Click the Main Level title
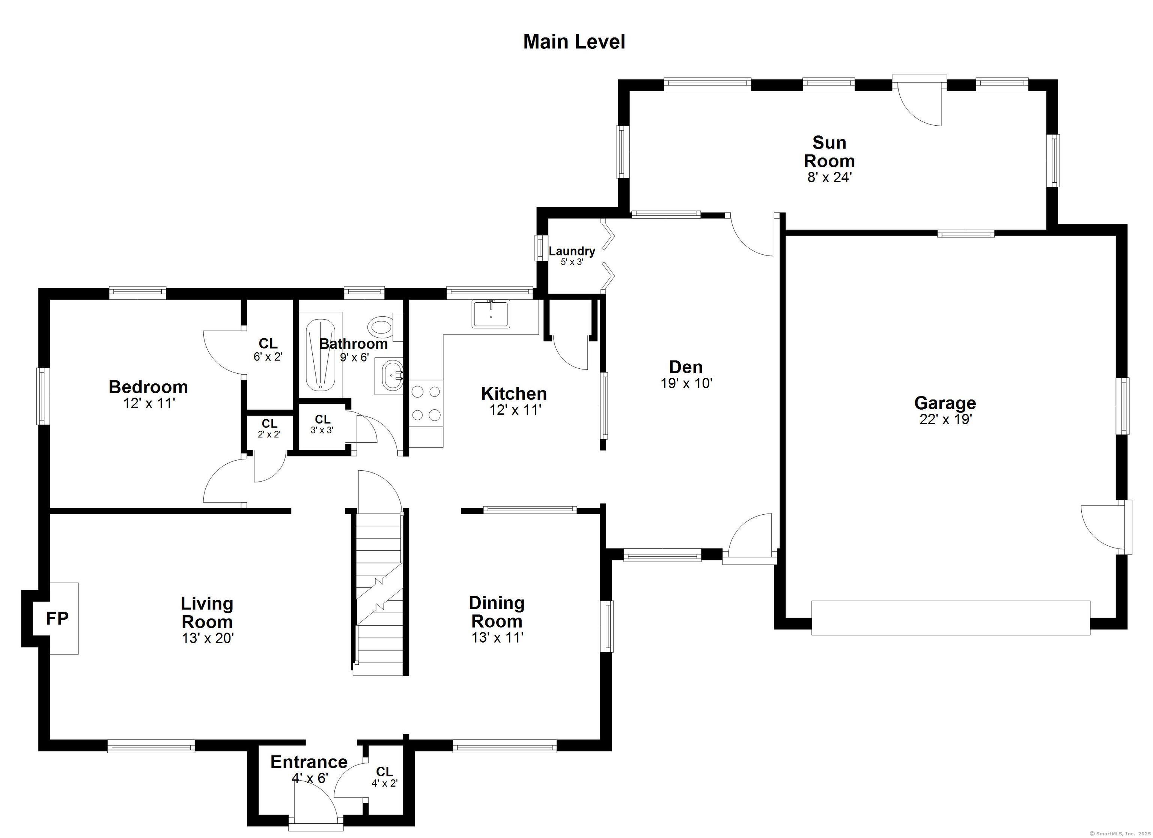pyautogui.click(x=574, y=42)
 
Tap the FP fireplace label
pyautogui.click(x=57, y=619)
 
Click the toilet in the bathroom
pyautogui.click(x=385, y=327)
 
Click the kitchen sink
pyautogui.click(x=491, y=314)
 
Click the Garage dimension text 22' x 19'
pyautogui.click(x=945, y=419)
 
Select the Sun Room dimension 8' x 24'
pyautogui.click(x=830, y=177)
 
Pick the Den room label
pyautogui.click(x=686, y=367)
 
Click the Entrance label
pyautogui.click(x=309, y=762)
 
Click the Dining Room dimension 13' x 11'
pyautogui.click(x=497, y=637)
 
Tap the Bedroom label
pyautogui.click(x=149, y=387)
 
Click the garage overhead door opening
pyautogui.click(x=951, y=617)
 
